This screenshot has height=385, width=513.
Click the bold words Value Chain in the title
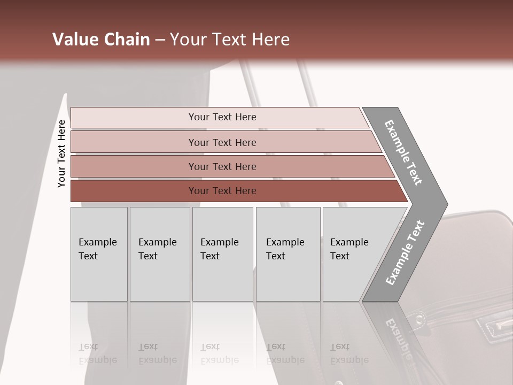tap(101, 40)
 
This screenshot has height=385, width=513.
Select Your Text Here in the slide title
tap(230, 40)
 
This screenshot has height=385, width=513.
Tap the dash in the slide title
tap(160, 40)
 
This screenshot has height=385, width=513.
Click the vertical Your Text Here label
tap(61, 153)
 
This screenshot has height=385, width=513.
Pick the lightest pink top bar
tap(222, 117)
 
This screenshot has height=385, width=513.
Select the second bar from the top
tap(222, 142)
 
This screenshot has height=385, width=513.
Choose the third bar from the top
tap(222, 166)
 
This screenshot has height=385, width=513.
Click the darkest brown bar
tap(222, 191)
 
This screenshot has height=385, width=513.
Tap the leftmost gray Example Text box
tap(99, 253)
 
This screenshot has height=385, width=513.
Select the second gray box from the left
tap(159, 253)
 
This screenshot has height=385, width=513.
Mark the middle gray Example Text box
tap(222, 253)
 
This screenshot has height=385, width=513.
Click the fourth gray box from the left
tap(287, 253)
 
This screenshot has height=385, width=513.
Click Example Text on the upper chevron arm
tap(403, 152)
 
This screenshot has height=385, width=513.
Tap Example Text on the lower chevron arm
tap(405, 253)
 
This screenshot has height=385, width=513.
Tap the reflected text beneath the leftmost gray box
tap(98, 353)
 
